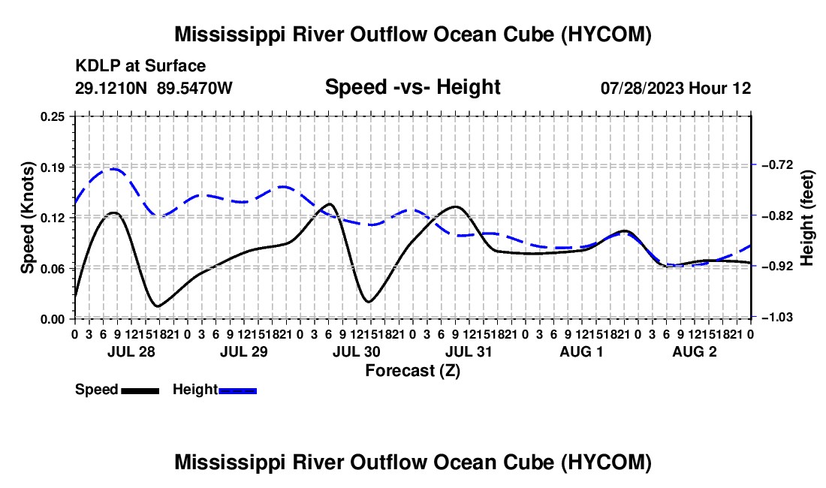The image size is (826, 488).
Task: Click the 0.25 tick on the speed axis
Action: tap(53, 116)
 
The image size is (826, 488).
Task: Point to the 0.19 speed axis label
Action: tap(53, 167)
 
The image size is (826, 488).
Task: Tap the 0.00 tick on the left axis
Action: tap(53, 319)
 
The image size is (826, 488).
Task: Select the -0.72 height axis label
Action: tap(777, 165)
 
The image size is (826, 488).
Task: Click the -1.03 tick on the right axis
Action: tap(777, 317)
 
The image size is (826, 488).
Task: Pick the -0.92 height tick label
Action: tap(777, 267)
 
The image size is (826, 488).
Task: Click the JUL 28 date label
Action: tap(131, 351)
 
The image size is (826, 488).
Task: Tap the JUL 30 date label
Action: tap(357, 351)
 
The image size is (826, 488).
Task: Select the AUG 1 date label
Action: tap(581, 351)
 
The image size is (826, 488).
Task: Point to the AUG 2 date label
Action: tap(695, 351)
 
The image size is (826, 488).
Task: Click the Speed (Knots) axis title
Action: tap(27, 218)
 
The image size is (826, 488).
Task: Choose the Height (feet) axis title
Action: tap(807, 218)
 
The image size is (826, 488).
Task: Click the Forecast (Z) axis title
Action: tap(413, 371)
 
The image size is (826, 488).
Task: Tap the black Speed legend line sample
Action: tap(140, 390)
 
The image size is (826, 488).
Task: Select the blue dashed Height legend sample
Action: tap(237, 390)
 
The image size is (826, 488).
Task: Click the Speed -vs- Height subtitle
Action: tap(412, 87)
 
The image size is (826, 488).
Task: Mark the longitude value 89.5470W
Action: tap(194, 88)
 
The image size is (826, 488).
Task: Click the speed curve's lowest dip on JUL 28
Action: tap(157, 306)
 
